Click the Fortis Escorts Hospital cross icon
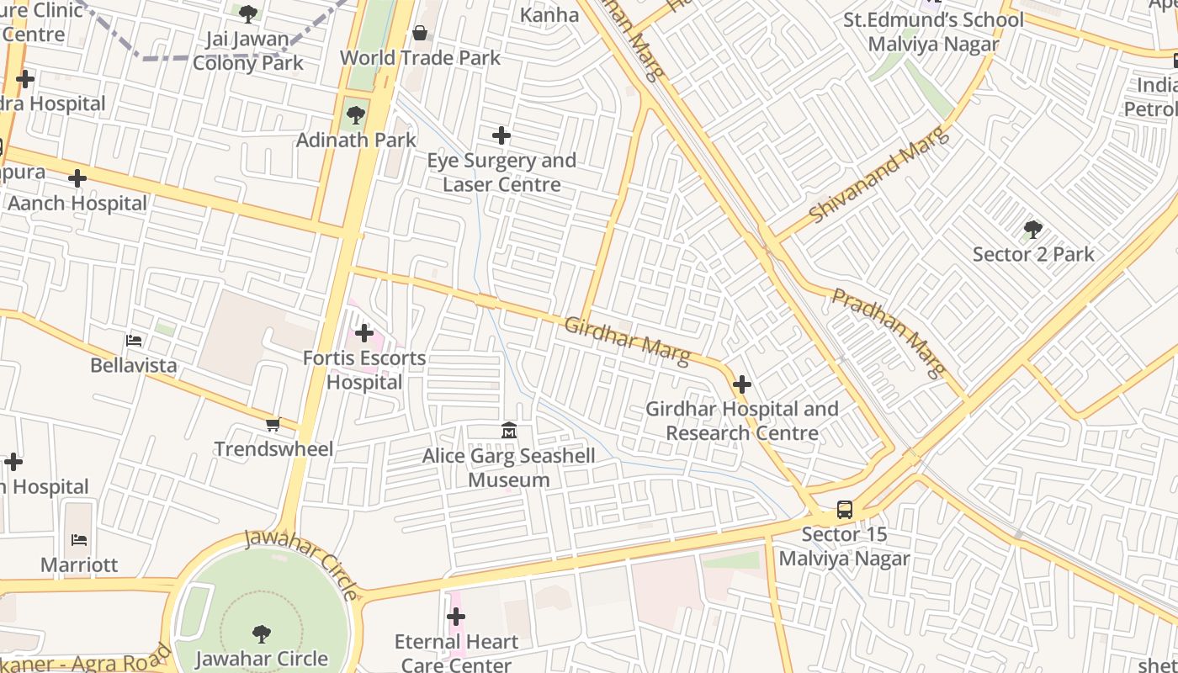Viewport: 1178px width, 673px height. pyautogui.click(x=363, y=333)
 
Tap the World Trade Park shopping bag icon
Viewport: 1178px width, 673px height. pyautogui.click(x=419, y=33)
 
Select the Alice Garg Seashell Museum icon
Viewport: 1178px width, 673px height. pyautogui.click(x=508, y=432)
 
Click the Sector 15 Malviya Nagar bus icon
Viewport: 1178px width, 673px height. pyautogui.click(x=844, y=510)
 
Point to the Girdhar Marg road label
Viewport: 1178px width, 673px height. pyautogui.click(x=627, y=342)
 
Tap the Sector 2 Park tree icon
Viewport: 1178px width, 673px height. pyautogui.click(x=1032, y=230)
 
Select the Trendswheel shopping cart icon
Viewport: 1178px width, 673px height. pyautogui.click(x=273, y=425)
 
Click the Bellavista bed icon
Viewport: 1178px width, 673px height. pyautogui.click(x=134, y=341)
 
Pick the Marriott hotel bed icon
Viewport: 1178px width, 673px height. pyautogui.click(x=79, y=539)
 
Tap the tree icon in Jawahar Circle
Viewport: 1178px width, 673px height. pyautogui.click(x=262, y=634)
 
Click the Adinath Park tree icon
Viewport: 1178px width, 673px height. pyautogui.click(x=355, y=115)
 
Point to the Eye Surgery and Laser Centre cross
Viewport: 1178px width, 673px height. pyautogui.click(x=501, y=135)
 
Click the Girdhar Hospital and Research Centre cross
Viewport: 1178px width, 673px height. pyautogui.click(x=741, y=384)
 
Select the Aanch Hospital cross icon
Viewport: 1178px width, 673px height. pyautogui.click(x=77, y=178)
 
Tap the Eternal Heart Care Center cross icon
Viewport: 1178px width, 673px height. pyautogui.click(x=455, y=617)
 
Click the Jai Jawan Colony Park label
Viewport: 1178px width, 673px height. pyautogui.click(x=247, y=50)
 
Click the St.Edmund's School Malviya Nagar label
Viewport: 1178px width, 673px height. pyautogui.click(x=933, y=32)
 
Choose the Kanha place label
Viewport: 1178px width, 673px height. pyautogui.click(x=549, y=14)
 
